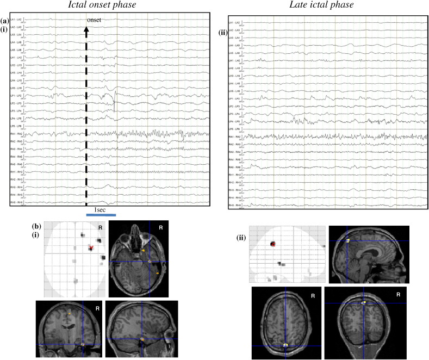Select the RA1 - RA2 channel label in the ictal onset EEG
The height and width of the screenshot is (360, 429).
16,133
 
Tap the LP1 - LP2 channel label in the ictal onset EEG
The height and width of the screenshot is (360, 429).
16,96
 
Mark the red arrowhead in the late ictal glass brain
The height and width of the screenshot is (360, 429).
273,245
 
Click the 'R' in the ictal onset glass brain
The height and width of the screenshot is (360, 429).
100,226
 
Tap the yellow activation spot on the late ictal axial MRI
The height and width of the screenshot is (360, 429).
286,345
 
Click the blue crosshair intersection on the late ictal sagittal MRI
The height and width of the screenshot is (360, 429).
347,240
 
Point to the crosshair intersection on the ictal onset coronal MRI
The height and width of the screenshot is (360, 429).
83,344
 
